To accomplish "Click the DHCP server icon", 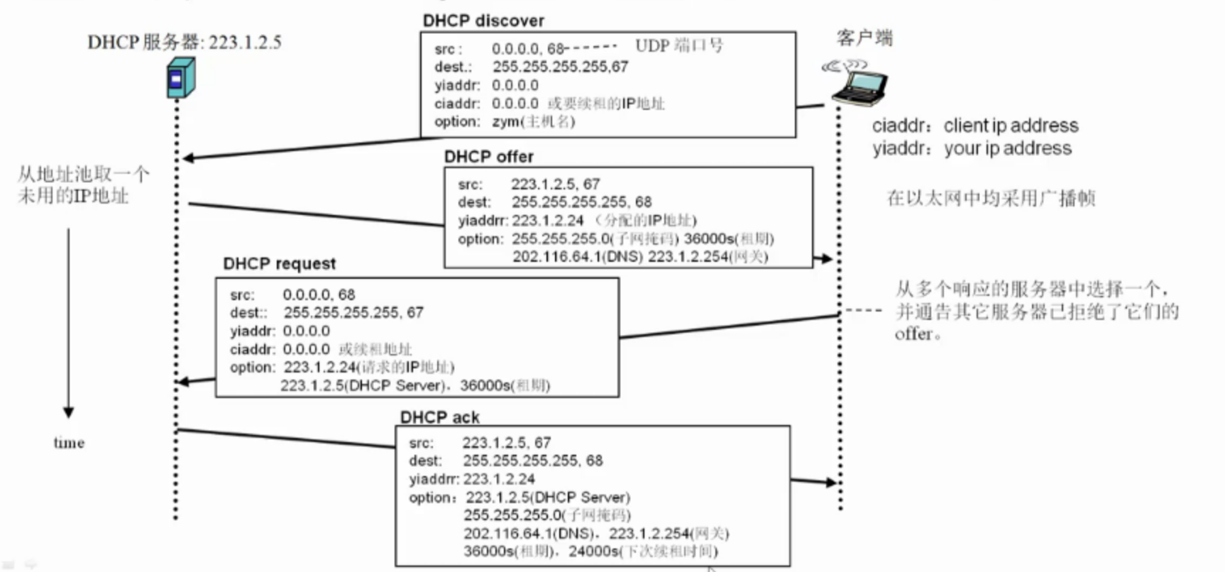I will pyautogui.click(x=180, y=78).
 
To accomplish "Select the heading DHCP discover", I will pyautogui.click(x=483, y=21).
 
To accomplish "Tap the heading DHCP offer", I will pyautogui.click(x=488, y=156).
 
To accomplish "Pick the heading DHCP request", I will pyautogui.click(x=279, y=263).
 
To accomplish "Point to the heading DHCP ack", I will pyautogui.click(x=439, y=417).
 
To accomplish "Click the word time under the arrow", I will pyautogui.click(x=69, y=443).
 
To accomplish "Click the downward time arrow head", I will pyautogui.click(x=69, y=412).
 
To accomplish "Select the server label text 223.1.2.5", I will pyautogui.click(x=245, y=43).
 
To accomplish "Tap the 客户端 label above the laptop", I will pyautogui.click(x=864, y=38).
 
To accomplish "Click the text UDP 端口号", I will pyautogui.click(x=679, y=46).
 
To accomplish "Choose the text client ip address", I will pyautogui.click(x=1011, y=126).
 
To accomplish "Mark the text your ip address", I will pyautogui.click(x=1007, y=148).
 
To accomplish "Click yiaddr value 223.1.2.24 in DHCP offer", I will pyautogui.click(x=547, y=221).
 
